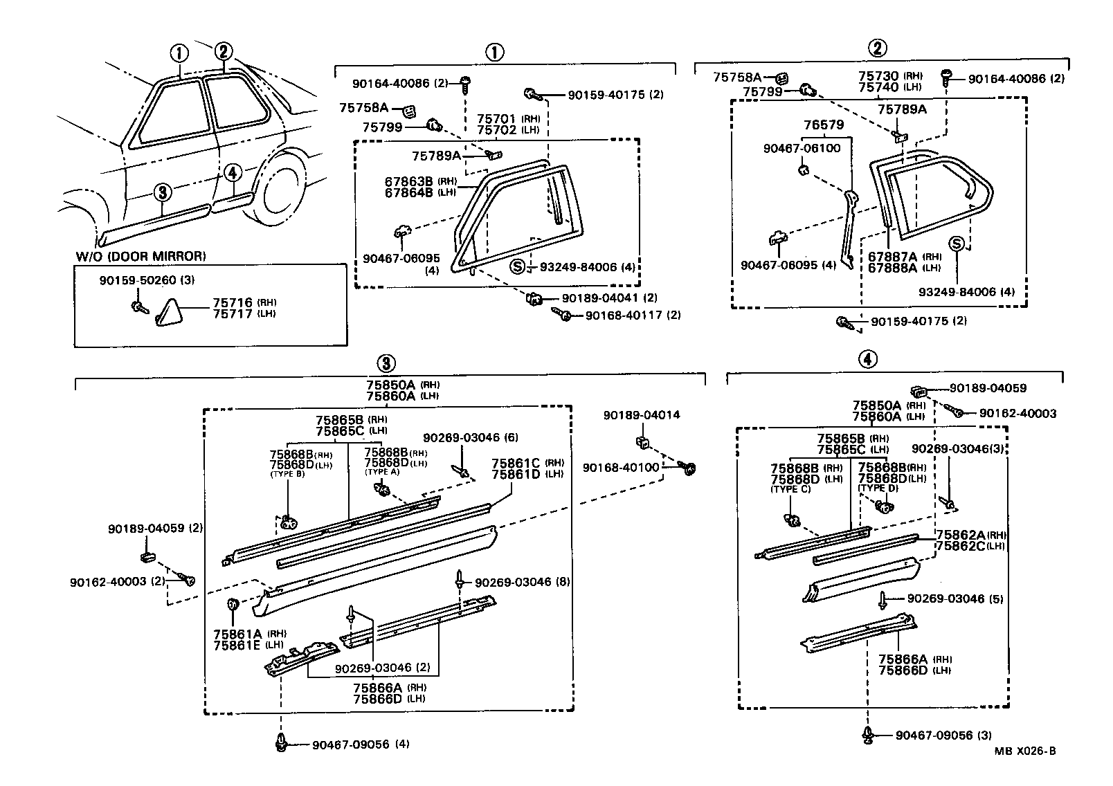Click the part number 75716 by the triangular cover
point(232,302)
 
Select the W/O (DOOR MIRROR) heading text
point(141,256)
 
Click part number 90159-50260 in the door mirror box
point(141,281)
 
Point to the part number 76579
point(824,125)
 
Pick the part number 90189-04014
point(641,415)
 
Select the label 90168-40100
point(621,468)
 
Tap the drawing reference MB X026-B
point(1025,751)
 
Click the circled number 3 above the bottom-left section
point(386,363)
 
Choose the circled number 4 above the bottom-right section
point(868,358)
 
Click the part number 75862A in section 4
point(959,535)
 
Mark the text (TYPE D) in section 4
point(878,488)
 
